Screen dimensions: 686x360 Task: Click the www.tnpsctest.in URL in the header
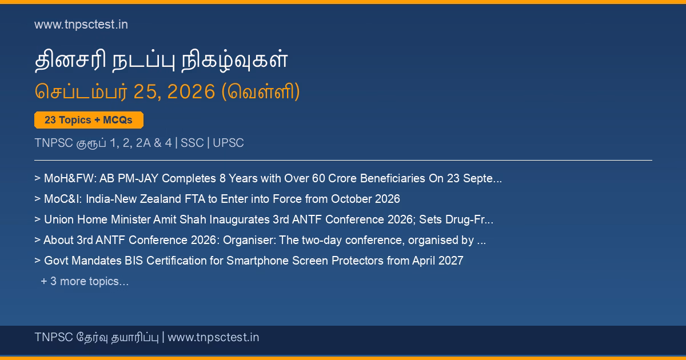[81, 25]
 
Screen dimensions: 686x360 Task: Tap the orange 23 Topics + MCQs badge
[89, 120]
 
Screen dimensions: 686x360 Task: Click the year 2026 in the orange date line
[191, 91]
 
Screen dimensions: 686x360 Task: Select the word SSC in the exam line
[192, 143]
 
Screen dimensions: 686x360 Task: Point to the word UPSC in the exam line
[228, 143]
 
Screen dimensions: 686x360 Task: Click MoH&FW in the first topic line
[70, 178]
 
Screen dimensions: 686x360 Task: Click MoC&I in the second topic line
[63, 199]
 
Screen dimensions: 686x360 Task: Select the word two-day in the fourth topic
[321, 240]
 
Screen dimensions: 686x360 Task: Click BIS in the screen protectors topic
[134, 261]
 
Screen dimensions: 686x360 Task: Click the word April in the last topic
[424, 261]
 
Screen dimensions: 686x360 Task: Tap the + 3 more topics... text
[85, 281]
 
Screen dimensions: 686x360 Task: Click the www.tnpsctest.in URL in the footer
[213, 337]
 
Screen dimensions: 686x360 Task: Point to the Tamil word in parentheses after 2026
[260, 91]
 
